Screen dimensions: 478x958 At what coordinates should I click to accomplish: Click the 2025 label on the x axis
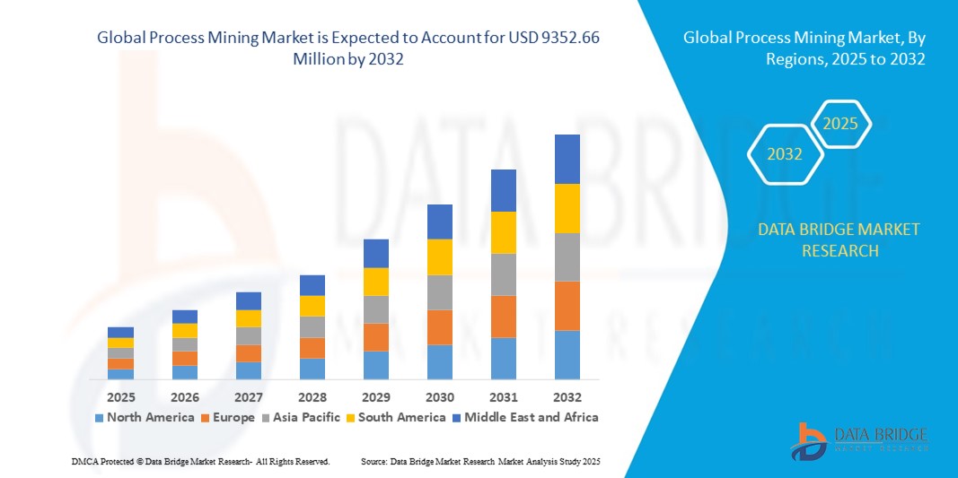(120, 396)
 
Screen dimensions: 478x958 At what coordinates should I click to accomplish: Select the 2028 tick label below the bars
(312, 396)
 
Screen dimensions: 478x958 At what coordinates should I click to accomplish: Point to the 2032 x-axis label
(567, 396)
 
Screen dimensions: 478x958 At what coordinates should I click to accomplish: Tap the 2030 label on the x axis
(439, 396)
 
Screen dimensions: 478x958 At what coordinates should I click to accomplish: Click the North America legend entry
(144, 417)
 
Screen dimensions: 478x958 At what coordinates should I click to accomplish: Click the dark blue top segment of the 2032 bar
(567, 159)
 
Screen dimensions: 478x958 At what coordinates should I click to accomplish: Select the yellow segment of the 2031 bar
(503, 232)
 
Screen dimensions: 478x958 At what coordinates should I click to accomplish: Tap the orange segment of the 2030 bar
(439, 327)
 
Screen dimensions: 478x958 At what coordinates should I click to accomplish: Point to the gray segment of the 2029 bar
(375, 309)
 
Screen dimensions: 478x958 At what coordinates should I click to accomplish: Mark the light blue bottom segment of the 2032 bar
(567, 354)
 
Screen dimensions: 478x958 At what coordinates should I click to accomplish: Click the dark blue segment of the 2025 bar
(120, 332)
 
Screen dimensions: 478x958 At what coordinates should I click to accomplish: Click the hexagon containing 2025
(840, 124)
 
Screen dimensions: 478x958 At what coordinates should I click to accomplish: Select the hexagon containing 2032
(785, 154)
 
